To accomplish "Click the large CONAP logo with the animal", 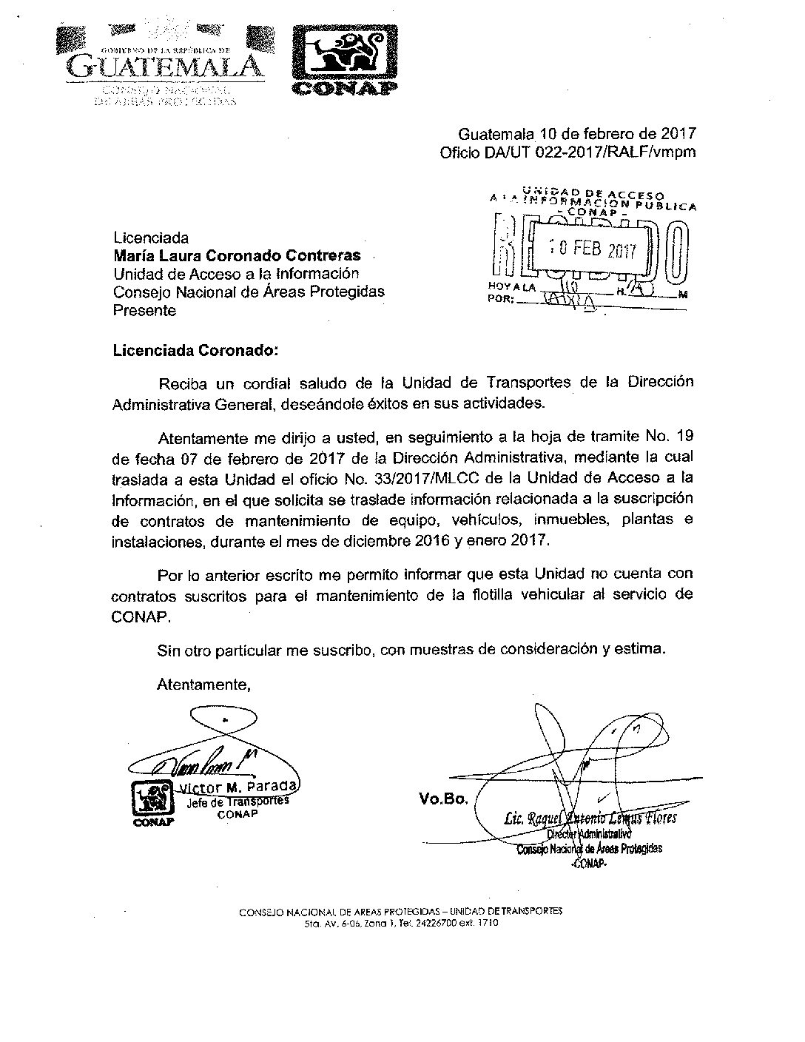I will click(x=341, y=59).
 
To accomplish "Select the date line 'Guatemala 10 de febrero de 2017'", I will click(x=577, y=135).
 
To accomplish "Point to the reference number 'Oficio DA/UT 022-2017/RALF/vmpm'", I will click(x=567, y=153).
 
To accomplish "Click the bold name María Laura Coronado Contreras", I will click(x=237, y=256).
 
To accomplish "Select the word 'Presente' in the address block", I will click(x=144, y=311).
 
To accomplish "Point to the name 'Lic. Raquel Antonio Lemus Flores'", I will click(x=589, y=819).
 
